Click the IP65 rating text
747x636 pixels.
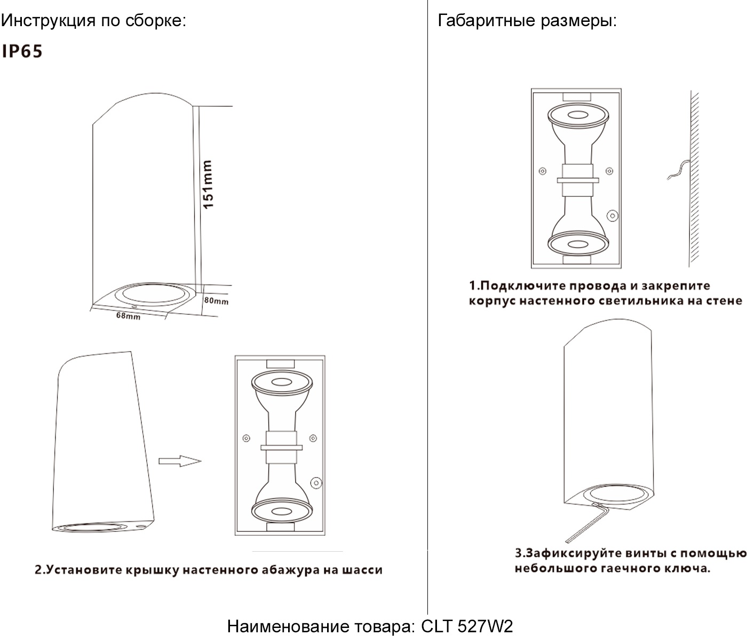pos(22,51)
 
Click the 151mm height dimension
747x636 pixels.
pos(208,184)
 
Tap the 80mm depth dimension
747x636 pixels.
pos(216,300)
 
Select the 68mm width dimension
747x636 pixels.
pos(128,315)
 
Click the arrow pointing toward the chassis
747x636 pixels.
pos(180,461)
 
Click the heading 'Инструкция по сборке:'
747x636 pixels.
pos(93,20)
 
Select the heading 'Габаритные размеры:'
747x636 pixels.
pos(527,20)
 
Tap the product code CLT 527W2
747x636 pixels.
pos(467,626)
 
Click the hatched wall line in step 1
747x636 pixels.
pos(694,179)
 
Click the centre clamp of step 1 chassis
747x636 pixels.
pos(578,180)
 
